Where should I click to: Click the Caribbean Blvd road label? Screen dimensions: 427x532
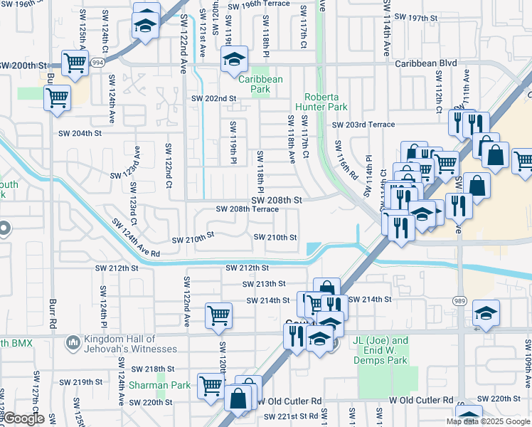[426, 64]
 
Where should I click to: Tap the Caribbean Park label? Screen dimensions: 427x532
[260, 85]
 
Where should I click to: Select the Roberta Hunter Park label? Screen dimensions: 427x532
[326, 102]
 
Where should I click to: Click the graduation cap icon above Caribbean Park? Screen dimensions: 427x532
[233, 61]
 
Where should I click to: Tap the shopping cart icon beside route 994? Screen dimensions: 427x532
[74, 63]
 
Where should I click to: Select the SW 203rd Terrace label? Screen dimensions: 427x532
[364, 125]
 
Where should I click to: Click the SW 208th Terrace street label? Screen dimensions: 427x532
[248, 210]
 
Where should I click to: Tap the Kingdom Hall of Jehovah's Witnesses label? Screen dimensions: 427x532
[129, 344]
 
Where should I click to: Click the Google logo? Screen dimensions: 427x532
[23, 418]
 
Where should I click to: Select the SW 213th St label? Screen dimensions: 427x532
[264, 284]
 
